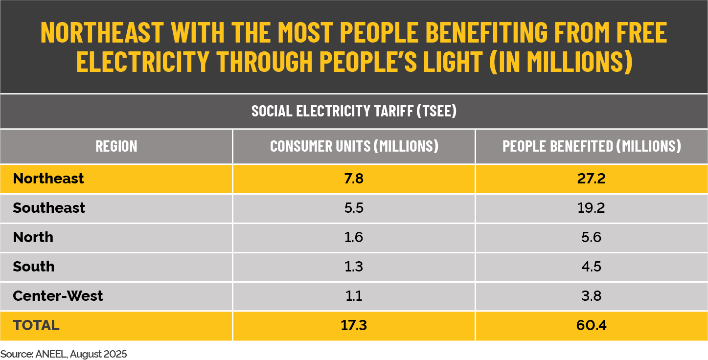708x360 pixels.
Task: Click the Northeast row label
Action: (x=48, y=179)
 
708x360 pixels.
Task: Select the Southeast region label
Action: (x=49, y=208)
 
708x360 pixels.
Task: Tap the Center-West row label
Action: (x=58, y=296)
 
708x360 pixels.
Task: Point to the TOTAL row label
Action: (x=36, y=325)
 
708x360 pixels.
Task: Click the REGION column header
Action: (x=116, y=146)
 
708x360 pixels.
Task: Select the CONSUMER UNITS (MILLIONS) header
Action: (x=354, y=146)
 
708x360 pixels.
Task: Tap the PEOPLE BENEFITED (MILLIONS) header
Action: (x=592, y=146)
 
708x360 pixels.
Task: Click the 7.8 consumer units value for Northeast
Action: (x=354, y=179)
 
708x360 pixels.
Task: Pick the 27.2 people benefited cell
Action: (x=592, y=179)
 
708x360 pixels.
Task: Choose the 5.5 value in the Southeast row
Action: (x=354, y=208)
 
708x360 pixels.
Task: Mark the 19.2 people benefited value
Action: (x=592, y=208)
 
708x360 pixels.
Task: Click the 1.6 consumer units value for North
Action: (x=354, y=237)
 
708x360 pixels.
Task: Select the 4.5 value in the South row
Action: (x=592, y=267)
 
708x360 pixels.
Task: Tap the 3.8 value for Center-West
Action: (x=592, y=296)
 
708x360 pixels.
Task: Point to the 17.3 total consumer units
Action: (x=354, y=325)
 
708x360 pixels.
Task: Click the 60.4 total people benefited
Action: (x=592, y=325)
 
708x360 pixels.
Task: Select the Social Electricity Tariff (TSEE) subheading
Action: (x=354, y=111)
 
